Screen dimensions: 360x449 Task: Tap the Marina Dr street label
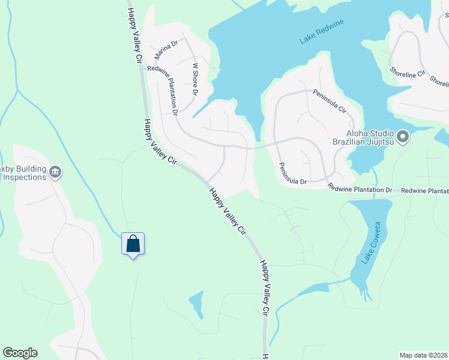coord(166,49)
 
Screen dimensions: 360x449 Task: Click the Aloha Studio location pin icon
coord(403,138)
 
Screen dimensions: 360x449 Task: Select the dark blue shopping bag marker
coord(133,244)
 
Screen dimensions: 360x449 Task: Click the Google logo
coord(20,353)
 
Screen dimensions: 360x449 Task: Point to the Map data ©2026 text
coord(423,355)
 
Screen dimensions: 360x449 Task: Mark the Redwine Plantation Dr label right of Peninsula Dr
coord(360,190)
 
